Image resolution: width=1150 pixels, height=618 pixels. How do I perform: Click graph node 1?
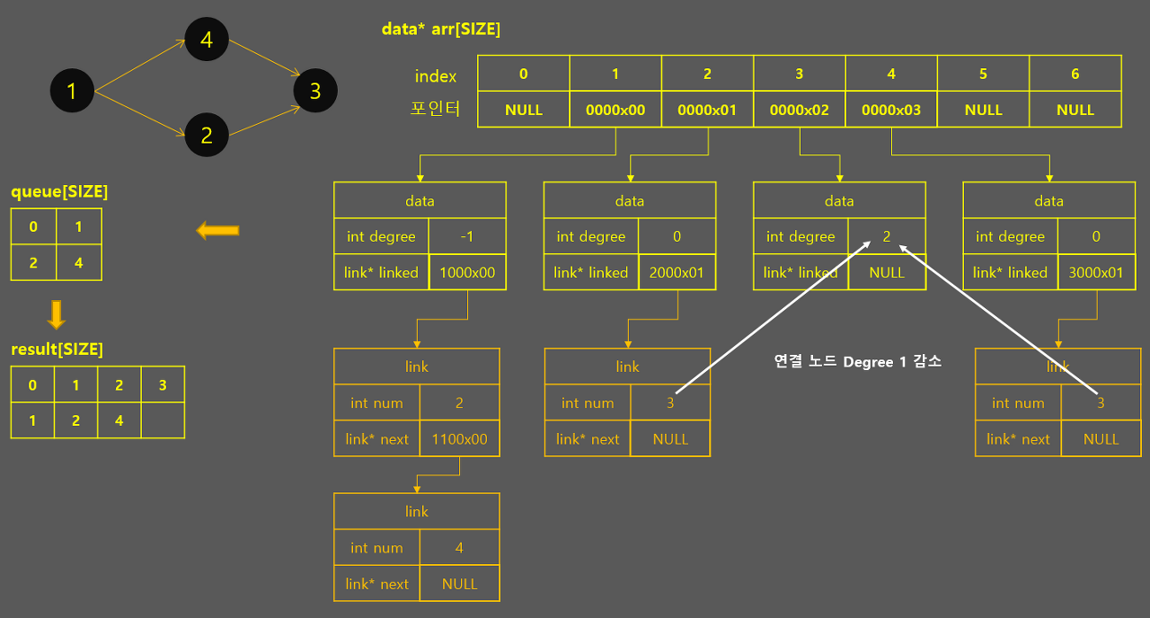[72, 90]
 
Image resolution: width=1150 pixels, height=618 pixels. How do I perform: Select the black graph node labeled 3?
[314, 90]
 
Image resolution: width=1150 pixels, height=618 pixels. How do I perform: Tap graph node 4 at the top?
[207, 40]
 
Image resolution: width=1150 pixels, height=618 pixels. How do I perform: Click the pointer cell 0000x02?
[800, 110]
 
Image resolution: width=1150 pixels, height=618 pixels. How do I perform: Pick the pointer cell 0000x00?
[615, 110]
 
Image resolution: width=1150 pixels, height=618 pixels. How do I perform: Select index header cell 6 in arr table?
[1075, 74]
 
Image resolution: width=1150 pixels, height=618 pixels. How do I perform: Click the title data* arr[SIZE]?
[441, 29]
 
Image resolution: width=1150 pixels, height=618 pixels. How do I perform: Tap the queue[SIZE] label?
[59, 191]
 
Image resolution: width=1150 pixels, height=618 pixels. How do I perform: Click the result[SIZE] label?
[57, 349]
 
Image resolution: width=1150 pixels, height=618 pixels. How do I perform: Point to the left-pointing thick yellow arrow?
[217, 232]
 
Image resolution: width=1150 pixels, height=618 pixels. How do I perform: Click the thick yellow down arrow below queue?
[56, 314]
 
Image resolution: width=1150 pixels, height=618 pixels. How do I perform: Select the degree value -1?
[467, 236]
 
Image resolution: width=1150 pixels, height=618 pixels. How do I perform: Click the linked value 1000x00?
[467, 272]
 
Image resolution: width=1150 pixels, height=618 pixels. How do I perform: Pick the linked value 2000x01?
[677, 272]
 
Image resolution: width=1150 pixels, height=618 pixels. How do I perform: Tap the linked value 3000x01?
[1096, 272]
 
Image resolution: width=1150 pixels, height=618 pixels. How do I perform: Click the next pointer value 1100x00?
[459, 439]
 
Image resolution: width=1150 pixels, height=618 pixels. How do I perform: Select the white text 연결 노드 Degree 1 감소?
[857, 362]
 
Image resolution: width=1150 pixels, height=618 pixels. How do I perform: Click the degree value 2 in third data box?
[887, 236]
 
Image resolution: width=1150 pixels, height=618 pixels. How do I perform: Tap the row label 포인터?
[435, 110]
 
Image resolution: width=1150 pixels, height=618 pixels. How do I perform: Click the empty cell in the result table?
[163, 420]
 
